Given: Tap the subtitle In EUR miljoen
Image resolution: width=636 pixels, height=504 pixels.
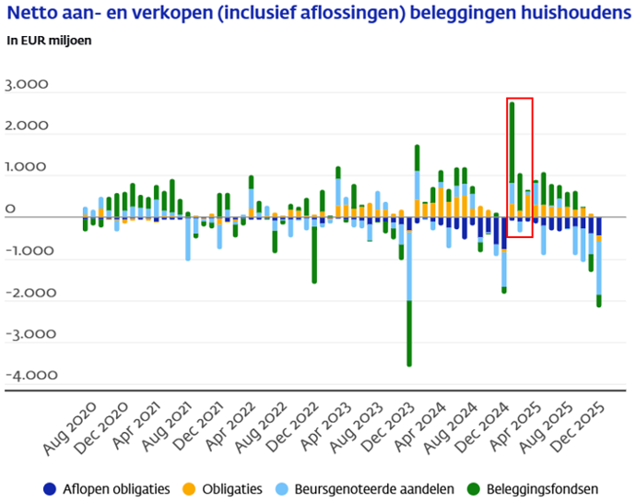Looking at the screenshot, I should pos(50,41).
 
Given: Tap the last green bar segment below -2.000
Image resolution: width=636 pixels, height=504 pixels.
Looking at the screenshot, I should pos(600,301).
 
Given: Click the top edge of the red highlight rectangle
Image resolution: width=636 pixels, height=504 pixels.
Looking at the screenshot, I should pos(520,97).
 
